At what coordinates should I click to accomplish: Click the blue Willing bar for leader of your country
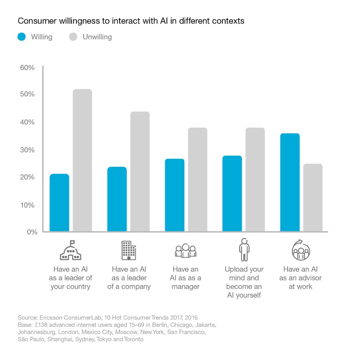click(x=59, y=202)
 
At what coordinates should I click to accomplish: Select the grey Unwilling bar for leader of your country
click(x=82, y=160)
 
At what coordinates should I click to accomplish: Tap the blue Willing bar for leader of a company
click(x=117, y=199)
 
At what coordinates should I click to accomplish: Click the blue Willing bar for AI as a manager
click(x=174, y=195)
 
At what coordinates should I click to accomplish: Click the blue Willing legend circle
click(x=22, y=37)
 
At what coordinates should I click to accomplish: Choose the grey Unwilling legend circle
click(x=73, y=37)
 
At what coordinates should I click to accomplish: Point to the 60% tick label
click(x=27, y=67)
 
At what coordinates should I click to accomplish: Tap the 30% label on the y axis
click(x=27, y=150)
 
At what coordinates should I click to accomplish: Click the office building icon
click(x=128, y=250)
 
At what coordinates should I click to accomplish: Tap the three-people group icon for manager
click(x=186, y=251)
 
